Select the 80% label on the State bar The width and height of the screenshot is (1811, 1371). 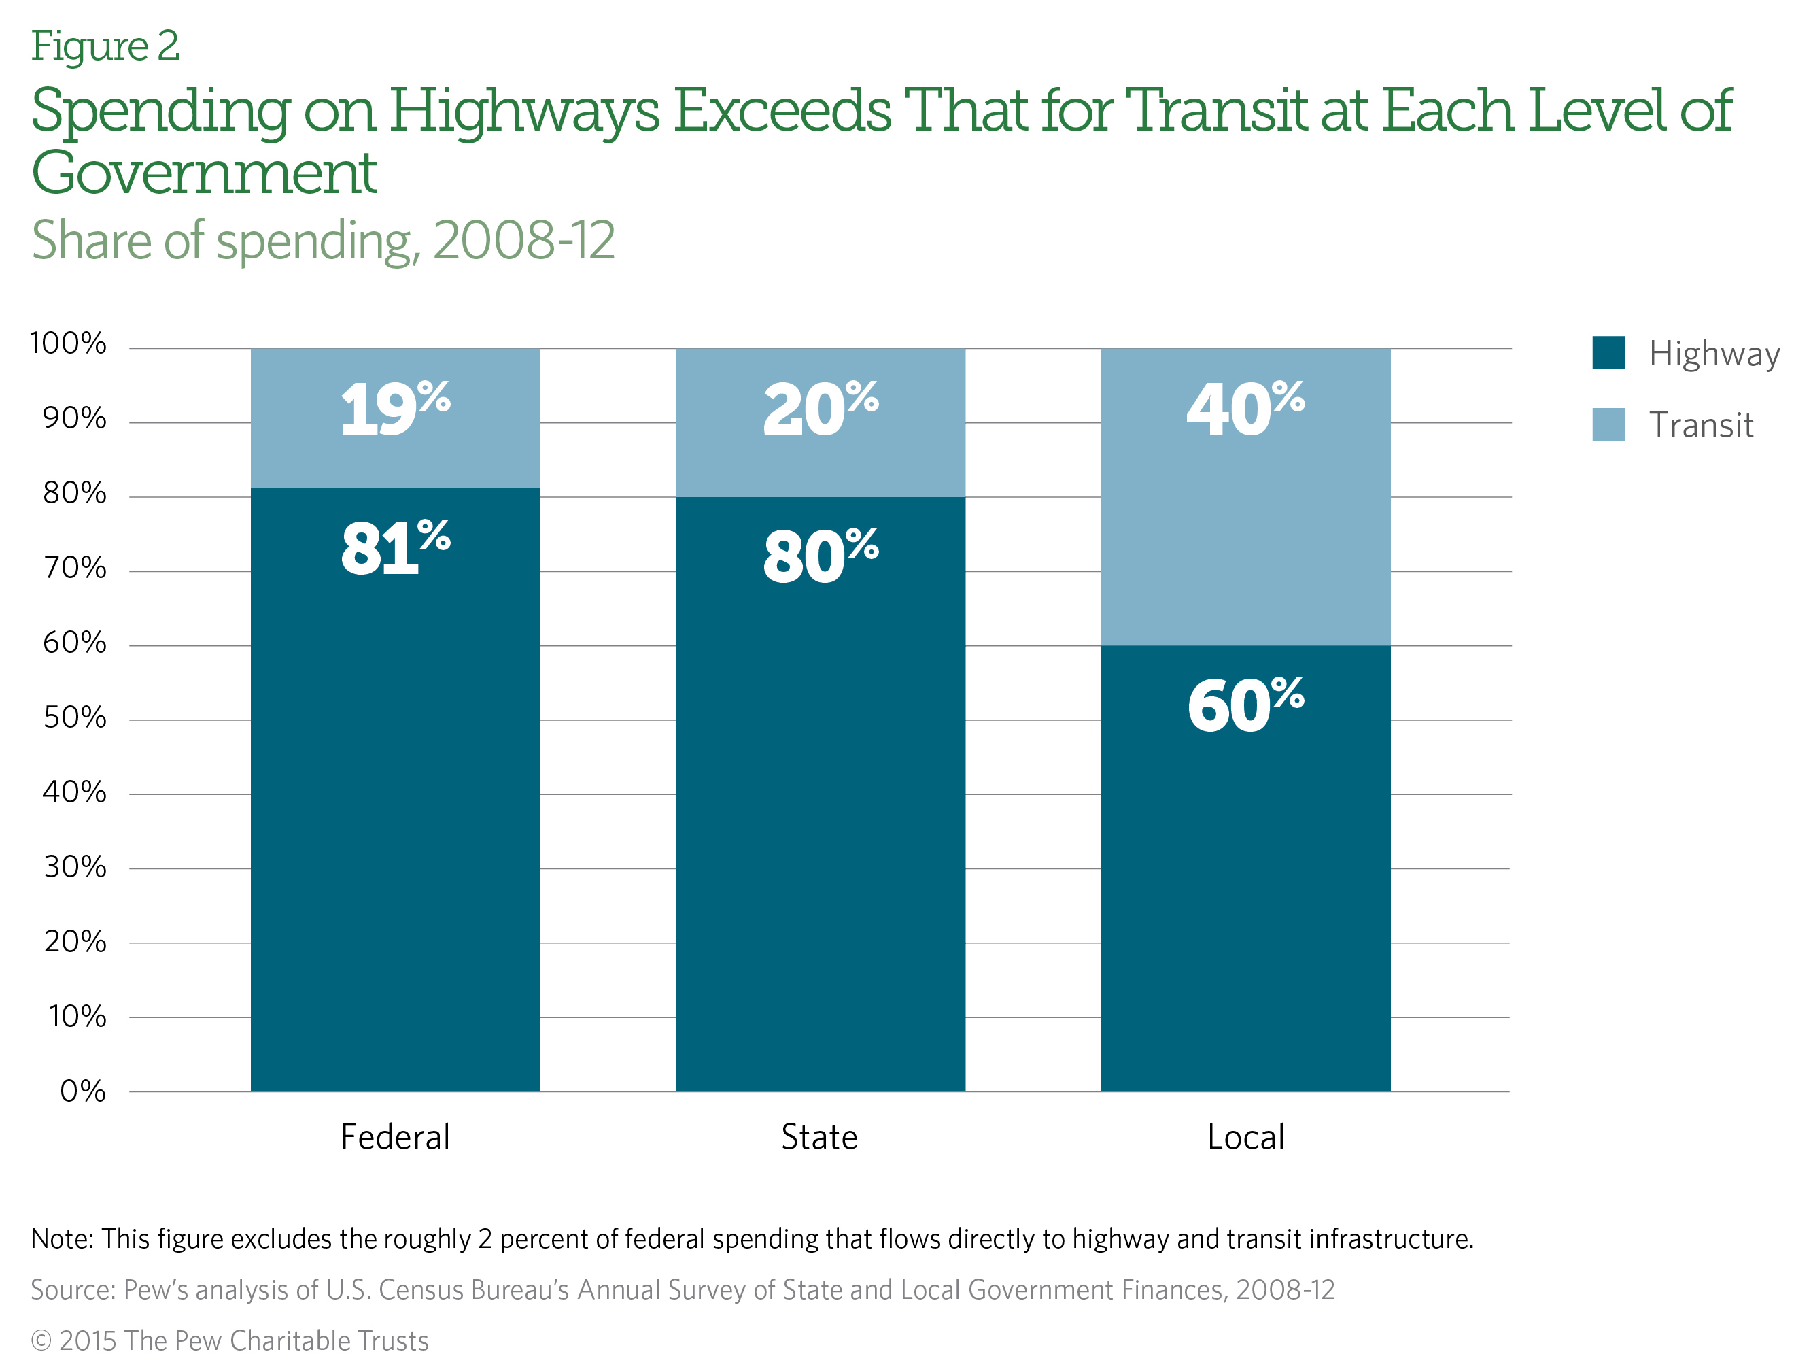821,556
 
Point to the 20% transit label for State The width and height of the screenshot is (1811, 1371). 821,408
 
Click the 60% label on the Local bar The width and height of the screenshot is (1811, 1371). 1245,705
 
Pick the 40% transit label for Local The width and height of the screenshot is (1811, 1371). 1245,408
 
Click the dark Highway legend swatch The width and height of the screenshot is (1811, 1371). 1608,353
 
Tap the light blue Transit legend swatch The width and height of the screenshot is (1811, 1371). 1608,424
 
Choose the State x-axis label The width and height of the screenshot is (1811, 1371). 820,1137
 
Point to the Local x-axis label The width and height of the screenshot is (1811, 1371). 1245,1137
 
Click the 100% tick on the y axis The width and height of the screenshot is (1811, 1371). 68,343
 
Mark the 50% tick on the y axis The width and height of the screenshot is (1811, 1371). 75,717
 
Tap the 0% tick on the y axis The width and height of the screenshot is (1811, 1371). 83,1091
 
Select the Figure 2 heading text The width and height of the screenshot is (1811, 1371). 105,47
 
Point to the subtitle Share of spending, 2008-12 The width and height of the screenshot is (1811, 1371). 323,241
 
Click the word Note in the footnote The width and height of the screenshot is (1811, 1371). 60,1238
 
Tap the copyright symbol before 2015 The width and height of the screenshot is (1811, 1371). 41,1340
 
